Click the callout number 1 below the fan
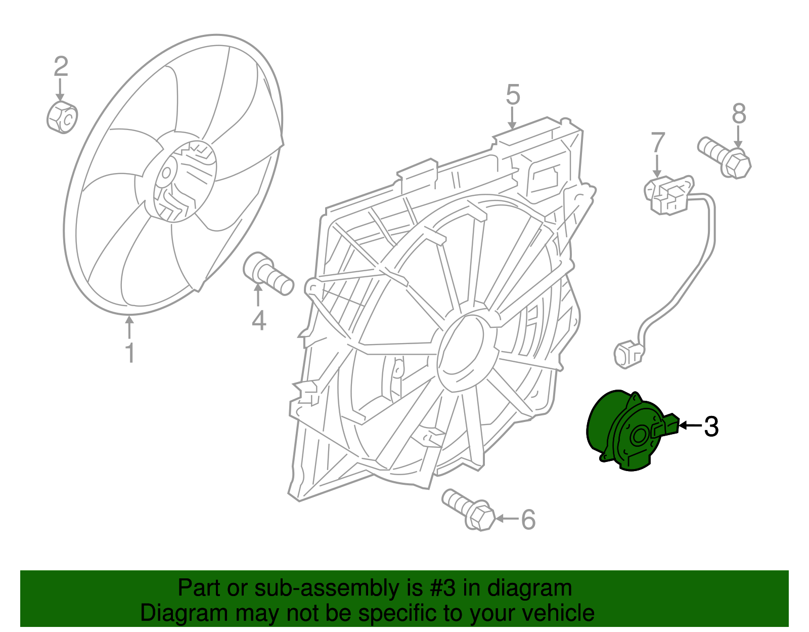click(x=130, y=353)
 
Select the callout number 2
click(x=61, y=66)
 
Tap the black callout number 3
click(x=711, y=427)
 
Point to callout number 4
click(x=258, y=320)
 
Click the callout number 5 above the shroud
click(x=513, y=95)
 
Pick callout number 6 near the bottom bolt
click(x=528, y=520)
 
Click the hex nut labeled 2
click(x=62, y=117)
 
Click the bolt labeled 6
click(x=468, y=510)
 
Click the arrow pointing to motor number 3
click(x=690, y=426)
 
